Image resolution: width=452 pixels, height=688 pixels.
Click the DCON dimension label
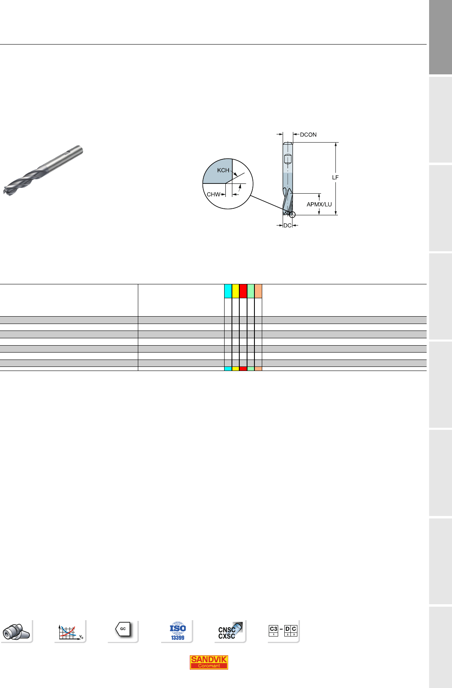click(x=308, y=134)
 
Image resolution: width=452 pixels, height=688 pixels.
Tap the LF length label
click(x=335, y=178)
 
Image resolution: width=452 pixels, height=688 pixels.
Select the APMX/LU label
click(x=319, y=204)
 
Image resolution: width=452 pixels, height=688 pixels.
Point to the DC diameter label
click(x=288, y=226)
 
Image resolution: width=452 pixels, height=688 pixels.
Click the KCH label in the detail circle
click(x=223, y=170)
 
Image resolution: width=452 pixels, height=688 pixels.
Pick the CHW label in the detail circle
click(x=214, y=194)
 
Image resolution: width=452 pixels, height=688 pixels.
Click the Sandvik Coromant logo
click(x=209, y=662)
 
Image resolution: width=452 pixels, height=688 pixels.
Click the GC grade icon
click(x=123, y=629)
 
